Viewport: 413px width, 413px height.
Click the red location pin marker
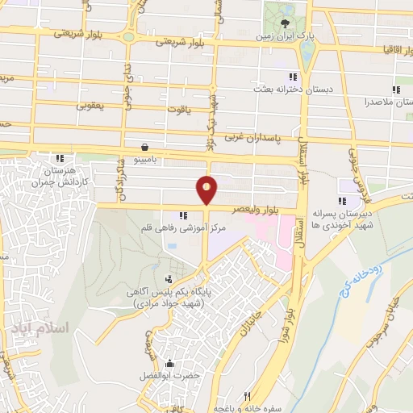[x=207, y=190]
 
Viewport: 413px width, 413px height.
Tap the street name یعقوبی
[x=91, y=105]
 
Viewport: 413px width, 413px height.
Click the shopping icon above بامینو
[x=144, y=148]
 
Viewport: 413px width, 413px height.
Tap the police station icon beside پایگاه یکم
[x=168, y=280]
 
